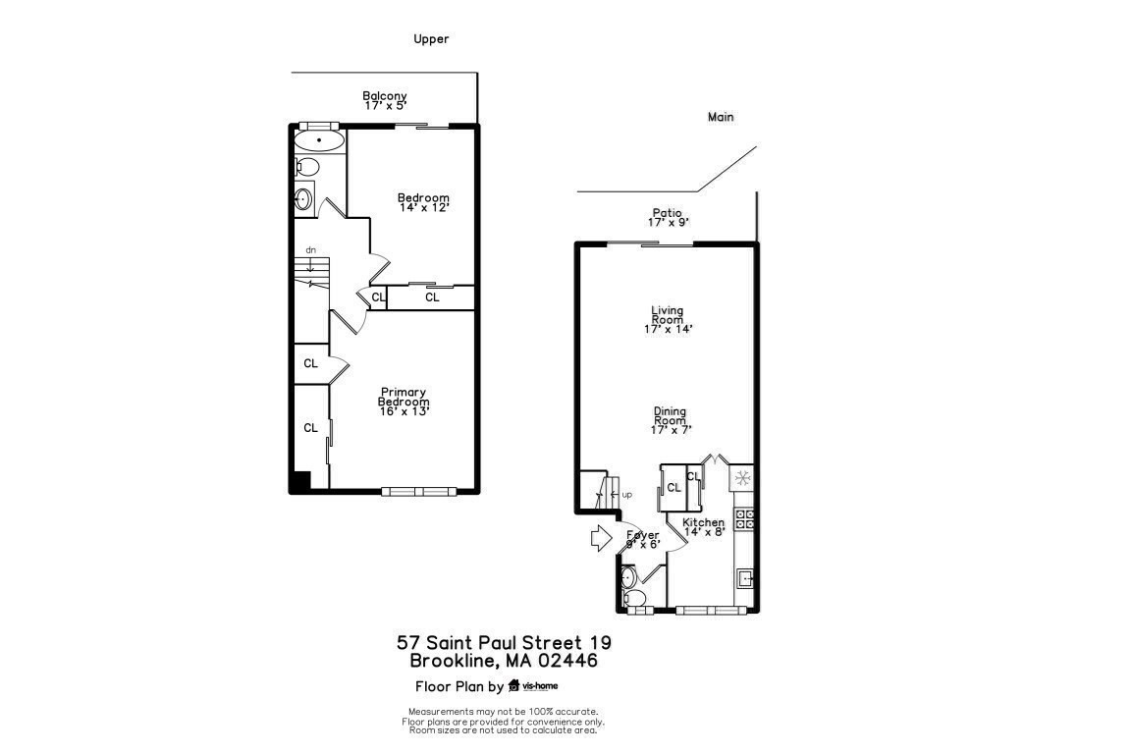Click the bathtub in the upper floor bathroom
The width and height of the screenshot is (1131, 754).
(320, 141)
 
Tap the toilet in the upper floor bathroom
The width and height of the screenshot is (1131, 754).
(304, 167)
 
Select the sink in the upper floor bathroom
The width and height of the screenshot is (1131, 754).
(303, 199)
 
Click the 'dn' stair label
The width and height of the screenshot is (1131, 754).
(310, 250)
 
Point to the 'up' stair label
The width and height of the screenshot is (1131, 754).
(626, 494)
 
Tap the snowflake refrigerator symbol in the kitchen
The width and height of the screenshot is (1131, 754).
(742, 479)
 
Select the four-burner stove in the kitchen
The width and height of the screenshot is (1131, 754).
(744, 518)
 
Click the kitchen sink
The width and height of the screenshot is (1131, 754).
(745, 577)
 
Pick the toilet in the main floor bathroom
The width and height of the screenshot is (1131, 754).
(634, 597)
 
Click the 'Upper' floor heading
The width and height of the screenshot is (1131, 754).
(431, 39)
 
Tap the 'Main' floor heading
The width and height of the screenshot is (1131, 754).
(721, 117)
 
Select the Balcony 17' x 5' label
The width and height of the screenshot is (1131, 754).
(385, 99)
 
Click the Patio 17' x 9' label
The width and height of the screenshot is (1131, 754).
(667, 217)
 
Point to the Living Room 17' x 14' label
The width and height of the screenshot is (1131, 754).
(668, 319)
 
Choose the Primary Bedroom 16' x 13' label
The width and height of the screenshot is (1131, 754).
(404, 402)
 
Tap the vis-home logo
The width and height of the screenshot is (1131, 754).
(532, 685)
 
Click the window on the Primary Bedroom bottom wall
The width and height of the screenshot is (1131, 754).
(418, 491)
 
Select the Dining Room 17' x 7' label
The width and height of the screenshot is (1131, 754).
(670, 420)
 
